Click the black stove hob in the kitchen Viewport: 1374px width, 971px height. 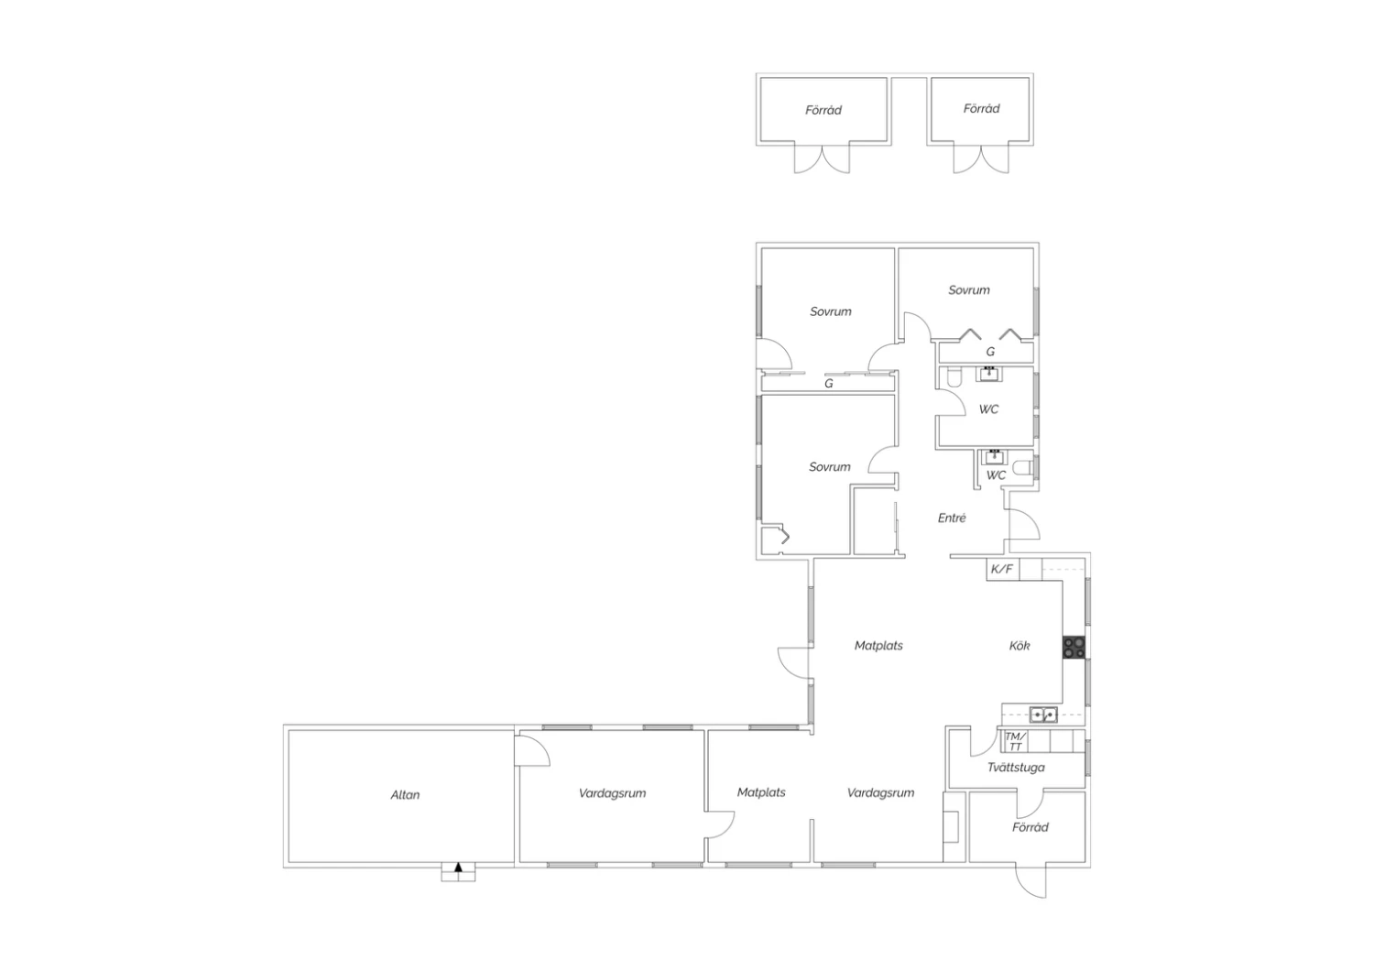(x=1074, y=647)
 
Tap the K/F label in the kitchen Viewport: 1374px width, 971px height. (x=1002, y=569)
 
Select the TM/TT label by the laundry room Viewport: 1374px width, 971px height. (x=1015, y=741)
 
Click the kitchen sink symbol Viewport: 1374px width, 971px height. (x=1042, y=715)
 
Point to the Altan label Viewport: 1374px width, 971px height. (x=405, y=795)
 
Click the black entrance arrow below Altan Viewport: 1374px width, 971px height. (x=458, y=867)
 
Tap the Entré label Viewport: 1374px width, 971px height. (x=952, y=518)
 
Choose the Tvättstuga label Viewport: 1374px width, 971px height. (x=1017, y=768)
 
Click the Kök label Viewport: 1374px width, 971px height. (x=1020, y=645)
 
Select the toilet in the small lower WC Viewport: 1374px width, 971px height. (x=1023, y=468)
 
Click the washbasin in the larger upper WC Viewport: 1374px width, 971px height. (x=988, y=374)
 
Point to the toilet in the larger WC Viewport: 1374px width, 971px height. (x=954, y=376)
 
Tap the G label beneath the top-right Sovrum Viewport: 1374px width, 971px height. (x=990, y=352)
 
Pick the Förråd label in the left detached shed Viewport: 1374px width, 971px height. (x=823, y=111)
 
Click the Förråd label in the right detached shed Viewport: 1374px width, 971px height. (x=981, y=109)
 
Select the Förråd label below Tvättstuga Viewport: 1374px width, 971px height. (x=1030, y=827)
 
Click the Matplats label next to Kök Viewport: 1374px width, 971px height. (x=878, y=645)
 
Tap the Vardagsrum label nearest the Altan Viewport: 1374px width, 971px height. (x=612, y=793)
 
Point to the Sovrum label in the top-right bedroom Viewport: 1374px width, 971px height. (x=969, y=290)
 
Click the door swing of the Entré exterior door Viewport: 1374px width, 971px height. (x=1030, y=520)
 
